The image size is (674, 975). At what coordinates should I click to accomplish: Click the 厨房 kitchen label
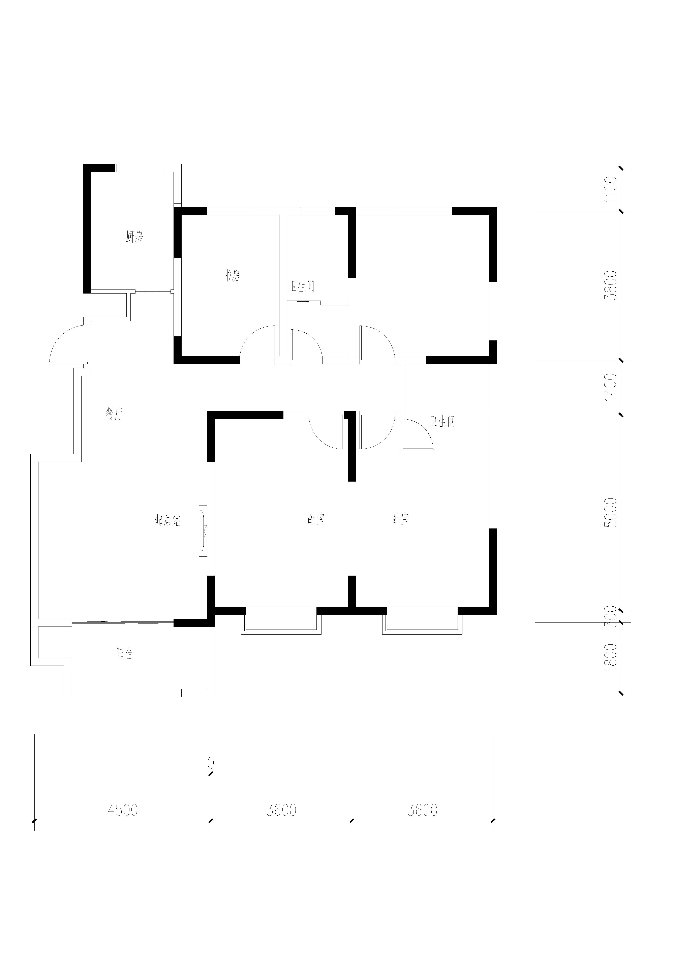[134, 237]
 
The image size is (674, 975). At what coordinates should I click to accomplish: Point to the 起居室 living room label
[167, 521]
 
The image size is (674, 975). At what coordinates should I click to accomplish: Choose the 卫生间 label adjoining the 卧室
[442, 421]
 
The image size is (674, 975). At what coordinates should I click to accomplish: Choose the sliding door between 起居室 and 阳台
[122, 621]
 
